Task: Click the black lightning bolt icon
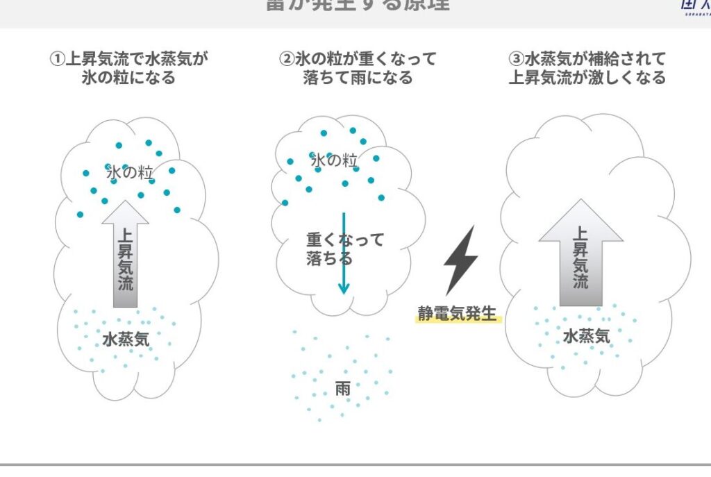(x=460, y=260)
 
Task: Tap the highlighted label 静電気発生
(x=458, y=314)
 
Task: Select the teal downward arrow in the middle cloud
(x=343, y=253)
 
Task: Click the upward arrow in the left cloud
(x=125, y=253)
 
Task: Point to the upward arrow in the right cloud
(x=580, y=253)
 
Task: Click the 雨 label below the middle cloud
(x=342, y=389)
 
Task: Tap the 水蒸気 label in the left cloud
(x=126, y=340)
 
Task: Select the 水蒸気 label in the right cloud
(x=586, y=337)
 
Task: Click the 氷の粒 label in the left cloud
(x=129, y=171)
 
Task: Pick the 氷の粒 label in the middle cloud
(x=334, y=161)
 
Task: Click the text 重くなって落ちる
(x=344, y=249)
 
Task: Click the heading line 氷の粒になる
(x=128, y=77)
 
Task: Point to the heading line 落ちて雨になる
(x=358, y=77)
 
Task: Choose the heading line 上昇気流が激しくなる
(x=587, y=77)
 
